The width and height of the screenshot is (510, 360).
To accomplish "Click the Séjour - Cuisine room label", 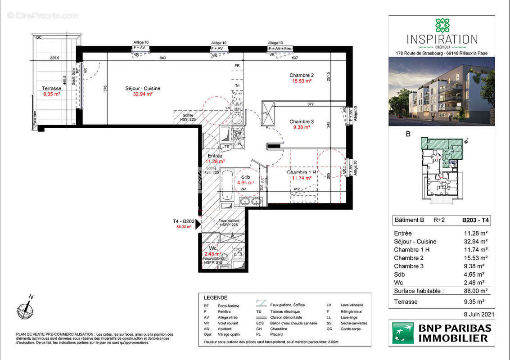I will pyautogui.click(x=142, y=88).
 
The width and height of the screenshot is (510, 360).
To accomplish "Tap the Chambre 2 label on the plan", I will pyautogui.click(x=302, y=75).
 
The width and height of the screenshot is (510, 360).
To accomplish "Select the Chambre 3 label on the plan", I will pyautogui.click(x=302, y=121).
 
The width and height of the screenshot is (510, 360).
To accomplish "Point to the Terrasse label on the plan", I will pyautogui.click(x=51, y=88).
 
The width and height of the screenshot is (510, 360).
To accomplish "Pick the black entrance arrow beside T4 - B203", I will pyautogui.click(x=198, y=224).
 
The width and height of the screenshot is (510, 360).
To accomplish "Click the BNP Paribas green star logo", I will pyautogui.click(x=403, y=333).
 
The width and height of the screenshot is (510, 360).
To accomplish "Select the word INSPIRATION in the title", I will pyautogui.click(x=442, y=39).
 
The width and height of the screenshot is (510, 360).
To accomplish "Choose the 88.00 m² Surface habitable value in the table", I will pyautogui.click(x=476, y=291).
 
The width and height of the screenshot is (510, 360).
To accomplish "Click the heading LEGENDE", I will pyautogui.click(x=216, y=298).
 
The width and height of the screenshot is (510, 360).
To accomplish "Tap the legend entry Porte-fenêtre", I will pyautogui.click(x=227, y=306).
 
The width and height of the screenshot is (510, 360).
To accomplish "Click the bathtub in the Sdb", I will pyautogui.click(x=226, y=184).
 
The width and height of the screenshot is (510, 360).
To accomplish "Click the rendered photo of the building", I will pyautogui.click(x=442, y=91).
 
